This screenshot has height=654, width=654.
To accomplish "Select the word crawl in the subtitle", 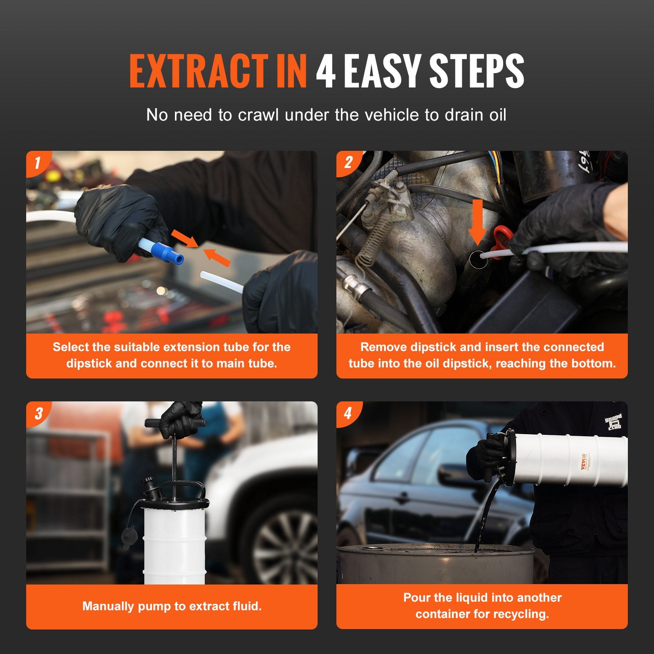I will [259, 115].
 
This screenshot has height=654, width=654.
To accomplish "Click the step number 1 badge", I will [37, 162].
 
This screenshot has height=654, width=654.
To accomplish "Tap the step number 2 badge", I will [348, 162].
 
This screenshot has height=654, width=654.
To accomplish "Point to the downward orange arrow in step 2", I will [477, 221].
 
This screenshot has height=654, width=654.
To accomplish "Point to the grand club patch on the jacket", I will [614, 422].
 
